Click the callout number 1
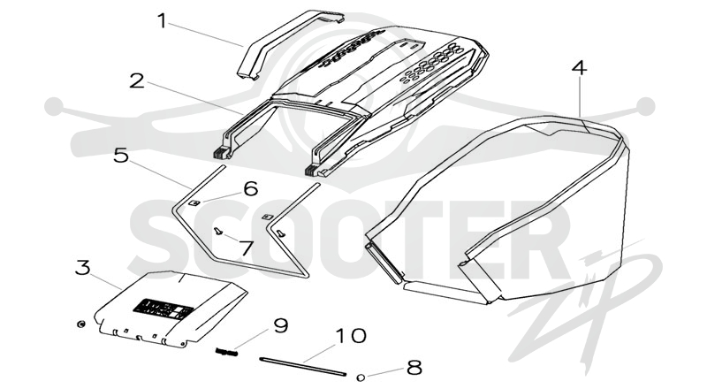162,21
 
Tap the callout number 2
137,81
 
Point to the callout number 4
580,68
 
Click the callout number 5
121,156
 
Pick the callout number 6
251,188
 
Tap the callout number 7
247,248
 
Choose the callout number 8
414,368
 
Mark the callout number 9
281,326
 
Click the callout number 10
351,336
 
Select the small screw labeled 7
218,231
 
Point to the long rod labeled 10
303,366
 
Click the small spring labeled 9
226,352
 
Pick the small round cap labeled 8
361,377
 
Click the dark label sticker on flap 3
163,309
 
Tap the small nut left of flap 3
80,324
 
